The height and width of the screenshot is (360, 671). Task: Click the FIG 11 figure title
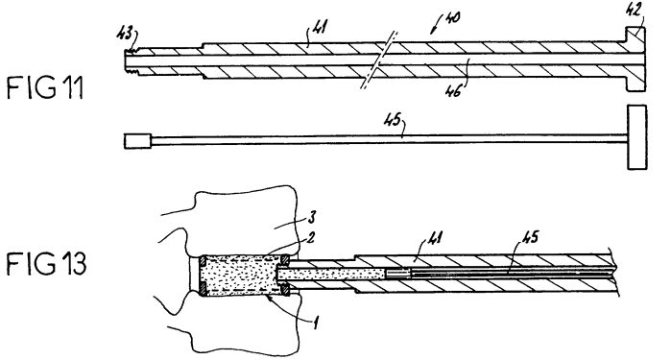click(x=45, y=87)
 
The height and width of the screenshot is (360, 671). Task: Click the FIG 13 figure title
click(x=46, y=263)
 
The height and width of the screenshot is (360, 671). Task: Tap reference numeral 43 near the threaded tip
click(x=125, y=35)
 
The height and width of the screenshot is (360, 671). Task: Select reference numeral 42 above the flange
click(x=635, y=11)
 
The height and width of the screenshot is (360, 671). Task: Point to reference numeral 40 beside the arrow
click(x=451, y=18)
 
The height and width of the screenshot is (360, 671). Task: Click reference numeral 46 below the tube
click(x=453, y=91)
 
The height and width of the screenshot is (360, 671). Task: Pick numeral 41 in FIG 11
click(x=318, y=27)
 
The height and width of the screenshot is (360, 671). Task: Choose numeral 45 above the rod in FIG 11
click(x=392, y=120)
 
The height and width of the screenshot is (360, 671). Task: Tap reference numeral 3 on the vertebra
click(x=312, y=217)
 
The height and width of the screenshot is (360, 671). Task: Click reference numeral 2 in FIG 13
click(x=311, y=237)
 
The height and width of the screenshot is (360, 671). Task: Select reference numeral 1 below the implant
click(x=315, y=323)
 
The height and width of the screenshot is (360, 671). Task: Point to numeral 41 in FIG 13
click(x=434, y=237)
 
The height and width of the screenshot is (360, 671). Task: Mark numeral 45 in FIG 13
click(x=530, y=237)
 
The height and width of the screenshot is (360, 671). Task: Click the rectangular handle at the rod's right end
click(x=636, y=137)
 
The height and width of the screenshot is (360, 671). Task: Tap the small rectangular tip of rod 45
click(x=137, y=141)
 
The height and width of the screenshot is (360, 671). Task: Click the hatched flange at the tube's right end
click(x=635, y=59)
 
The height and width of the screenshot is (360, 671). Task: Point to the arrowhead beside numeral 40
click(x=433, y=31)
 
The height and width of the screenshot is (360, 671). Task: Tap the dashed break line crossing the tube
click(x=379, y=60)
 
